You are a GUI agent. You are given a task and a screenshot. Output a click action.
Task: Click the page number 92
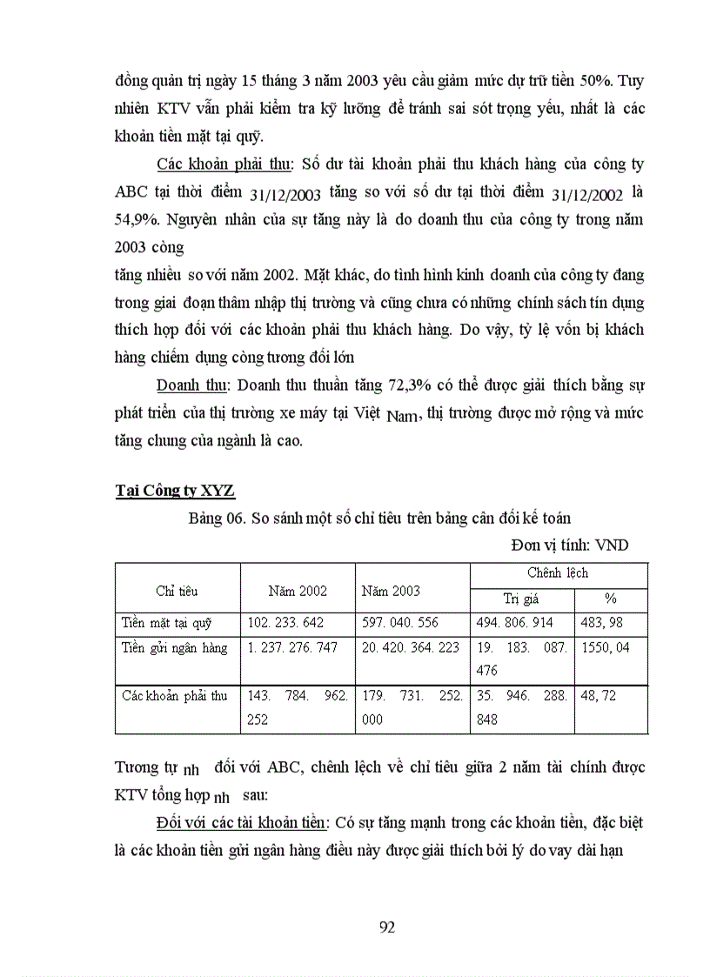pyautogui.click(x=388, y=927)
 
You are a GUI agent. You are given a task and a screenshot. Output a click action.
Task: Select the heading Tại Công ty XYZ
pyautogui.click(x=175, y=490)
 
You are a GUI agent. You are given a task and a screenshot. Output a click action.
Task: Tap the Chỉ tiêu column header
pyautogui.click(x=177, y=591)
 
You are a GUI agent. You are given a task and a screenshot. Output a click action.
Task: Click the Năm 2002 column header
pyautogui.click(x=298, y=591)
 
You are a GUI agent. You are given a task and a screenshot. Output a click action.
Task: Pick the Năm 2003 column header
pyautogui.click(x=391, y=591)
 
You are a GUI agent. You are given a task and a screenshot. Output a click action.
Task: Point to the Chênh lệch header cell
pyautogui.click(x=558, y=573)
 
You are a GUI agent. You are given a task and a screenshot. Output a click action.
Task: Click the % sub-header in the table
pyautogui.click(x=610, y=599)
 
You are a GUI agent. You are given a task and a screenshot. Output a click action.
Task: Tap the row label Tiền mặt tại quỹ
pyautogui.click(x=167, y=623)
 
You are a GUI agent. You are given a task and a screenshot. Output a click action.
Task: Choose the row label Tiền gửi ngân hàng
pyautogui.click(x=174, y=647)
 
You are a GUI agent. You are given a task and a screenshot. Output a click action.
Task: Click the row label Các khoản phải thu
pyautogui.click(x=174, y=696)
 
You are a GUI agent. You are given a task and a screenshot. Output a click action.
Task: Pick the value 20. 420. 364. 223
pyautogui.click(x=410, y=647)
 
